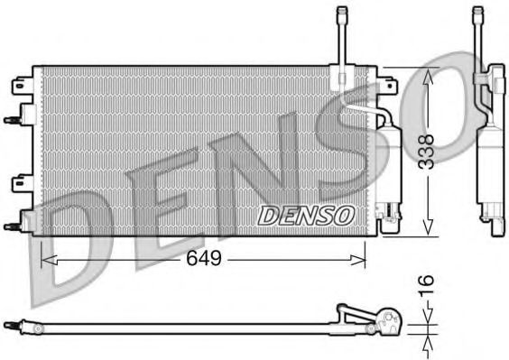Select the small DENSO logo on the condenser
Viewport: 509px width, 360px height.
click(x=306, y=214)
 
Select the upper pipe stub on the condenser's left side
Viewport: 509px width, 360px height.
click(x=13, y=118)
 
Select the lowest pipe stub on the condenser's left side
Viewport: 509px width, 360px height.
click(x=13, y=226)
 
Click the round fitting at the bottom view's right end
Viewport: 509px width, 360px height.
click(x=391, y=318)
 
